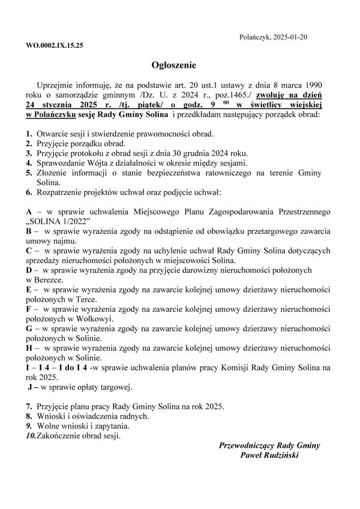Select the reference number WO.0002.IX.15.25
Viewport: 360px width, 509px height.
[55, 46]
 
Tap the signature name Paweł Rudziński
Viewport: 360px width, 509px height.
[269, 456]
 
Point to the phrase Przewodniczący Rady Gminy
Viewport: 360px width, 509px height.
[270, 445]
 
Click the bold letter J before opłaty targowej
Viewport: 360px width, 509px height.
[29, 387]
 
